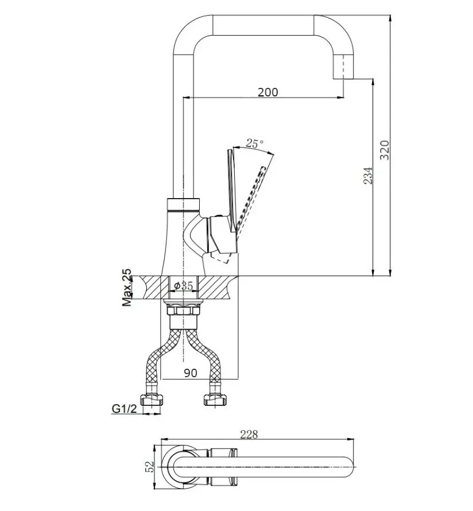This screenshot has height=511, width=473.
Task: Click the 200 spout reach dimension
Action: (x=267, y=92)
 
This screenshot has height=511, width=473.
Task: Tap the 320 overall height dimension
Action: (x=385, y=150)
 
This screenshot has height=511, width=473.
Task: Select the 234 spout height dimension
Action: (x=368, y=176)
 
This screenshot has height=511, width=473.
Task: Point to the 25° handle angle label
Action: (x=254, y=144)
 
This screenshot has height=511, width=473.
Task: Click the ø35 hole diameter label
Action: (x=184, y=286)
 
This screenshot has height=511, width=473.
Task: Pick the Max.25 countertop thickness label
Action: (x=127, y=287)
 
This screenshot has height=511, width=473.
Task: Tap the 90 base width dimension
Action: (x=190, y=373)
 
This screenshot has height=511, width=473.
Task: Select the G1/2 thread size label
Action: (x=124, y=408)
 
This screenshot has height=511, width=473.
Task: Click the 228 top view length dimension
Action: (x=249, y=435)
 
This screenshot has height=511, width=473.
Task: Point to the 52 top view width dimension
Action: (x=149, y=467)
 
